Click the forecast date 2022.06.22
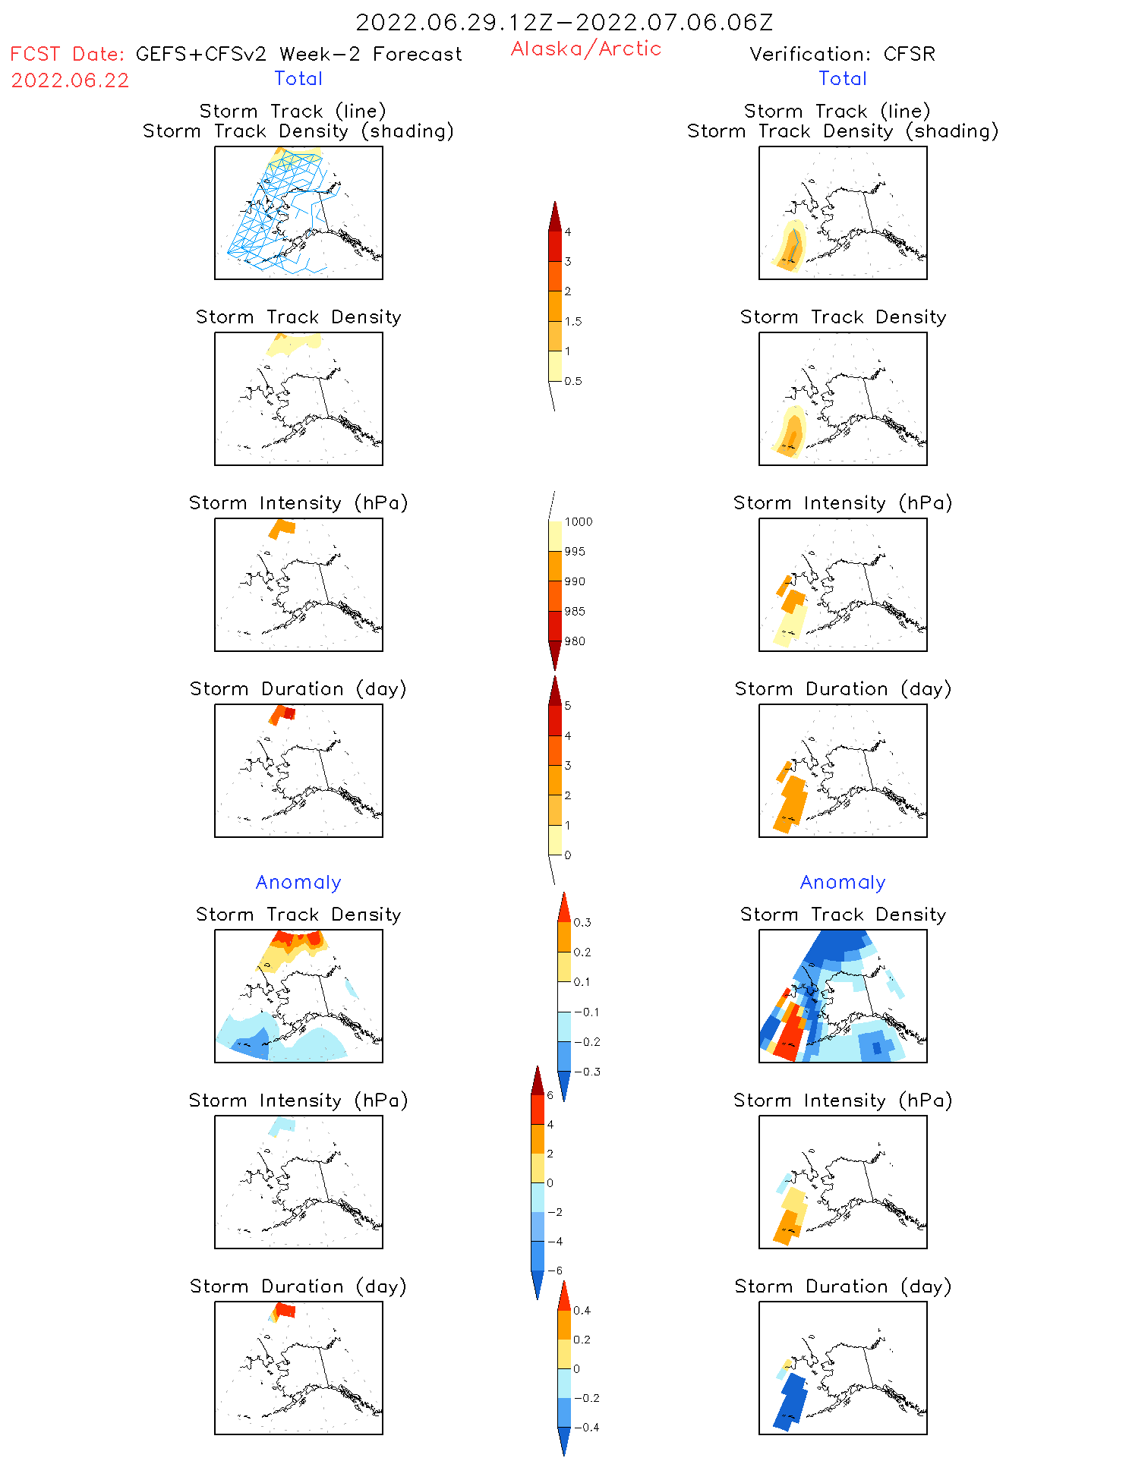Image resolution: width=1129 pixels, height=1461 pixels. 70,80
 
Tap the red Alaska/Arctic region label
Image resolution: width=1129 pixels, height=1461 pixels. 585,49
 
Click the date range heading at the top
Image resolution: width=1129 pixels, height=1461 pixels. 564,22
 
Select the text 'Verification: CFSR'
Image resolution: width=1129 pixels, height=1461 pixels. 842,54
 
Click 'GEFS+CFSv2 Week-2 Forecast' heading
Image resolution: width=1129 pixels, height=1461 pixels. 298,54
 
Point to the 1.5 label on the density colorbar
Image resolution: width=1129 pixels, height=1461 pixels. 573,321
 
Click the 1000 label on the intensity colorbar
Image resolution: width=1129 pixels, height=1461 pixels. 578,521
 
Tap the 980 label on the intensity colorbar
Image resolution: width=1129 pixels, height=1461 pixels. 575,641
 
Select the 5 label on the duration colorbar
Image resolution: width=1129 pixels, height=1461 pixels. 568,706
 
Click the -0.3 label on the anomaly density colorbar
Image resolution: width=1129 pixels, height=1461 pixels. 586,1072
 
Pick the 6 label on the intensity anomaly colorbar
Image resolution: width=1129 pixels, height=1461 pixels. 550,1095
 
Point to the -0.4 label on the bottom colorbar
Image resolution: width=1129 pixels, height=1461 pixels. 586,1427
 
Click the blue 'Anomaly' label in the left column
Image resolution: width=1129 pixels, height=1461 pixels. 298,882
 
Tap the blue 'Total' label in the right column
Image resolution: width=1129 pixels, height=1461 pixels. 842,78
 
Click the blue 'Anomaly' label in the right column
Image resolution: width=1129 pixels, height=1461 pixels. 842,882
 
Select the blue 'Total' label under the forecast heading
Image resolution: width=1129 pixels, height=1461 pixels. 298,78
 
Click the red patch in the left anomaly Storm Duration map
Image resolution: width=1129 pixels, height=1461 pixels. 285,1309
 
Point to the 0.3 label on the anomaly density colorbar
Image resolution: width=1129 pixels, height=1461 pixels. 582,922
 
